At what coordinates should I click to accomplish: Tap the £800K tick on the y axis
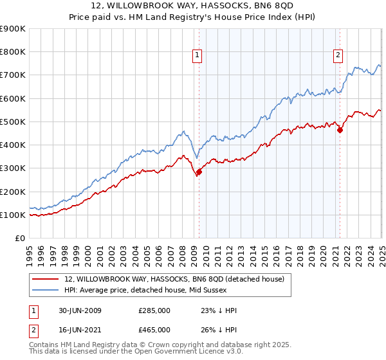tap(13, 52)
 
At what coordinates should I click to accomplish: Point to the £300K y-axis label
tap(13, 168)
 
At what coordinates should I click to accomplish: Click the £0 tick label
tap(19, 239)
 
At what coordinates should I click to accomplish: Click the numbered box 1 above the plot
tap(197, 56)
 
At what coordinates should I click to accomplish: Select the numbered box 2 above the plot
tap(338, 56)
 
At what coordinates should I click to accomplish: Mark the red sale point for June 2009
tap(199, 172)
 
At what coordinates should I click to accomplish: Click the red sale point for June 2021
tap(340, 130)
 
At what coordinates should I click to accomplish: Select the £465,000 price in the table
tap(154, 329)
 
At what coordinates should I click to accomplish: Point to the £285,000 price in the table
tap(154, 310)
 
